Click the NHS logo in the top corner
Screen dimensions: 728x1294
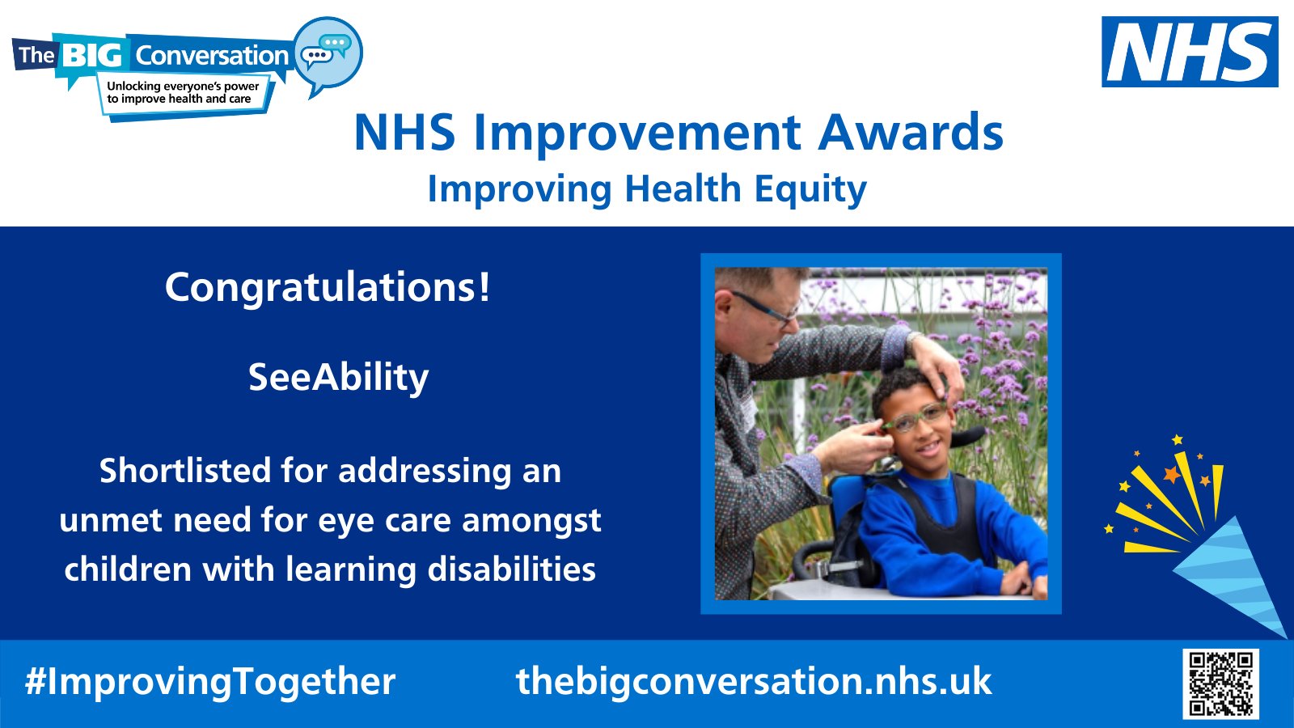click(x=1189, y=52)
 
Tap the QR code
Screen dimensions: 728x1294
click(x=1221, y=683)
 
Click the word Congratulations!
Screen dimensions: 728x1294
click(x=328, y=287)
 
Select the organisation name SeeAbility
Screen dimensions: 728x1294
click(x=338, y=378)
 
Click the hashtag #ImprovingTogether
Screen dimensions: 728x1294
click(x=210, y=681)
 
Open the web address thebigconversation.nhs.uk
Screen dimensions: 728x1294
click(x=754, y=681)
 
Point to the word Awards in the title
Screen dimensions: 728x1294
click(x=911, y=133)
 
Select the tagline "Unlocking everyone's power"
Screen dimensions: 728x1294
click(x=183, y=86)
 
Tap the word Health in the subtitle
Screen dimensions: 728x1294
click(x=683, y=189)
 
